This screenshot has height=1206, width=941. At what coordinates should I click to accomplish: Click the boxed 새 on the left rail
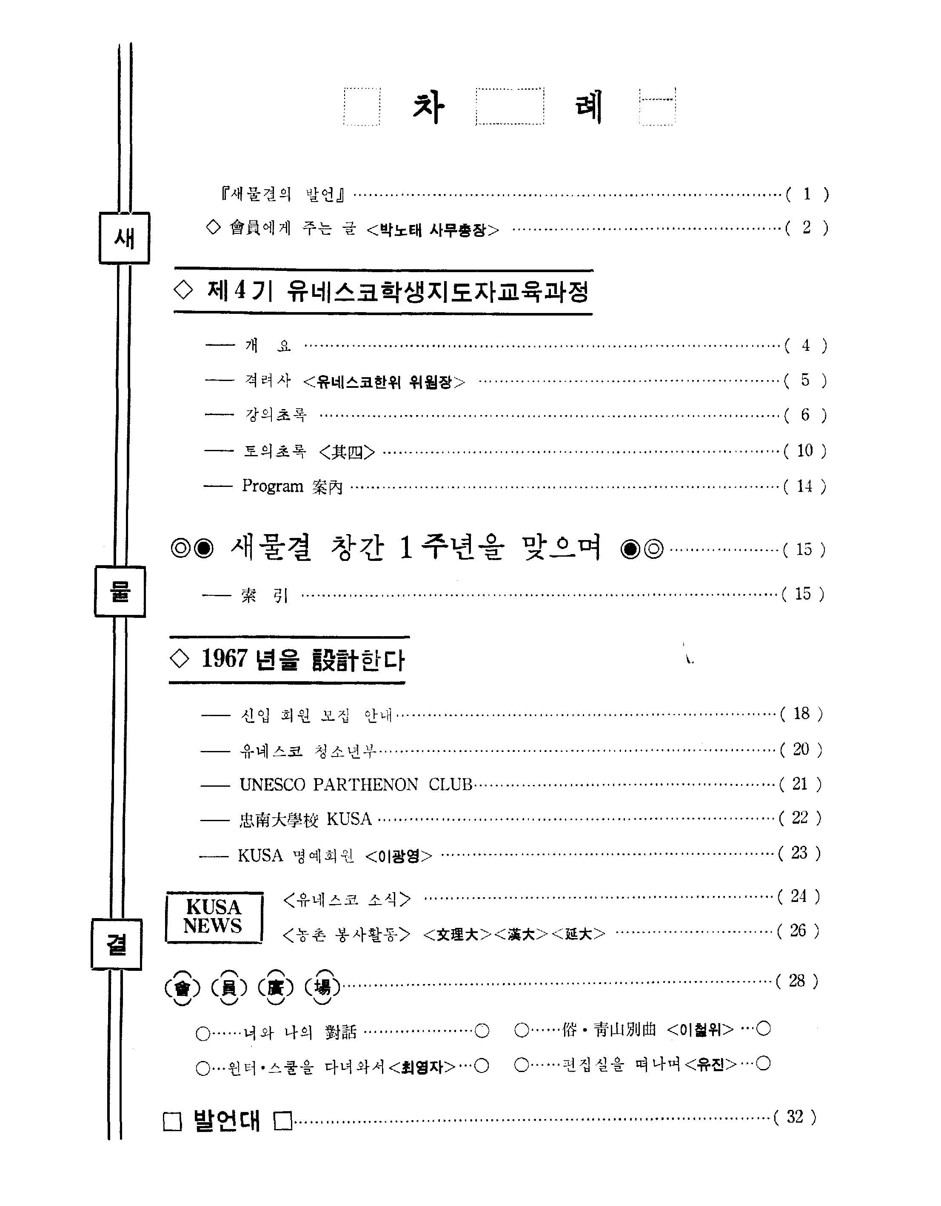point(124,238)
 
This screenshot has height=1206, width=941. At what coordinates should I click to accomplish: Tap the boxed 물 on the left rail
point(120,592)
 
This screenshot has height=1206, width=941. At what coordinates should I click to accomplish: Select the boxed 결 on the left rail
point(117,946)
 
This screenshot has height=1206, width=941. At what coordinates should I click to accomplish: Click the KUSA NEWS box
point(213,917)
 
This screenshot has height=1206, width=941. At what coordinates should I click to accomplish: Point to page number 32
point(795,1117)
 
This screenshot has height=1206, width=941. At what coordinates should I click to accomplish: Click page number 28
point(797,981)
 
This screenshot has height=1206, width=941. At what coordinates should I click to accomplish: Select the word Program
point(272,486)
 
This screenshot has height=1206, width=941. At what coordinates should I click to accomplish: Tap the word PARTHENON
point(365,784)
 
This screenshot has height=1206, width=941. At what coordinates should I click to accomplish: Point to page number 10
point(804,451)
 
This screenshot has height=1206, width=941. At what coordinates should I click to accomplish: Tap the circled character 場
point(322,986)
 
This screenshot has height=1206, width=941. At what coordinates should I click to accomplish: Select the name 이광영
point(399,855)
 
